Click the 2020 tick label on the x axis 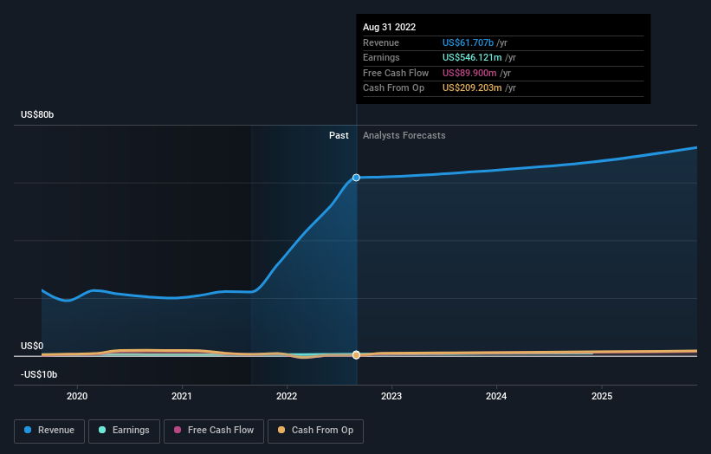(77, 396)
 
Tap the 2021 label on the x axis (182, 396)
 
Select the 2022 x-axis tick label (287, 396)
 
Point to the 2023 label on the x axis (391, 396)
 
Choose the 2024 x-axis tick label (496, 396)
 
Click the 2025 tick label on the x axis (602, 396)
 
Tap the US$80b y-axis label (37, 114)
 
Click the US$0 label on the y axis (32, 346)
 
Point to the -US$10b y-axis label (39, 374)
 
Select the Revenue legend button (49, 431)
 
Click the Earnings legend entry (124, 431)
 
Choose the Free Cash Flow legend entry (214, 431)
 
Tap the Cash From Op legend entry (315, 431)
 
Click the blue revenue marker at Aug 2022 (357, 178)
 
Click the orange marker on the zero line (357, 354)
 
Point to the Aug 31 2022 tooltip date (389, 27)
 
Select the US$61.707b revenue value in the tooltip (468, 42)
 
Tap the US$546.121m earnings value (472, 57)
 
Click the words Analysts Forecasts (404, 136)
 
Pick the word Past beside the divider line (339, 136)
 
